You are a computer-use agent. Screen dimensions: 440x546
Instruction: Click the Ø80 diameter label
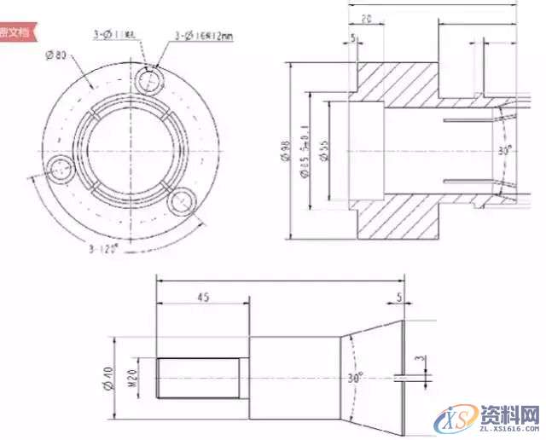(x=57, y=56)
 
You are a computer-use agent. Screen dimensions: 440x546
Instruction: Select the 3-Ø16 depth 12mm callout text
(x=204, y=34)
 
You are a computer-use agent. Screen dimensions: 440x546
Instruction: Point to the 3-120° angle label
(x=105, y=249)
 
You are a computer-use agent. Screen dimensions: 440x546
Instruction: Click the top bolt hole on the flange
(x=149, y=81)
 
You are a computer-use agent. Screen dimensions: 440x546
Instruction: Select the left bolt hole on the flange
(x=61, y=170)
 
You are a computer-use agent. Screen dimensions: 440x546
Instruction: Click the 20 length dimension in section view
(x=365, y=18)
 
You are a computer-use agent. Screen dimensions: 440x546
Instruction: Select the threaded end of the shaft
(x=199, y=377)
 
